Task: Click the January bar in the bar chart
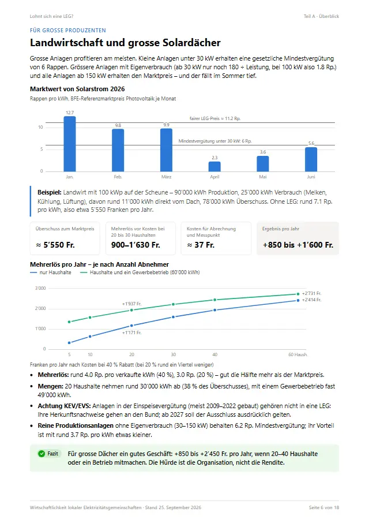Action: [x=70, y=144]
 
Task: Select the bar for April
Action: [x=214, y=166]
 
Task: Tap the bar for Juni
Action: [x=311, y=159]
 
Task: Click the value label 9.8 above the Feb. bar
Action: [x=118, y=125]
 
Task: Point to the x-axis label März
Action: [x=166, y=177]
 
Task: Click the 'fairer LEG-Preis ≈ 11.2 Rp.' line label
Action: [x=215, y=118]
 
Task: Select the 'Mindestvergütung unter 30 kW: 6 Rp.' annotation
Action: [x=215, y=141]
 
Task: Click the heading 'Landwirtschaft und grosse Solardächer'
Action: [x=125, y=43]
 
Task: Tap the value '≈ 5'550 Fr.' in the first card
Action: [x=55, y=245]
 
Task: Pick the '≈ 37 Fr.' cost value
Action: [x=201, y=245]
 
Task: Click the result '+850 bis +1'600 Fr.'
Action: [x=298, y=245]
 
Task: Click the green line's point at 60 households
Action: [x=298, y=294]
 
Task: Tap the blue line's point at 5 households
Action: [x=69, y=342]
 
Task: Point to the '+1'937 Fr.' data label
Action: [x=132, y=304]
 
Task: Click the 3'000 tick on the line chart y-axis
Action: [x=40, y=288]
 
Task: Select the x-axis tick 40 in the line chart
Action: [x=215, y=354]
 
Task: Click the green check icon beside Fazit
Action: [x=42, y=454]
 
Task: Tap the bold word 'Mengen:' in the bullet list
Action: [x=50, y=386]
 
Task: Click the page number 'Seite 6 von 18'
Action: [x=323, y=507]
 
